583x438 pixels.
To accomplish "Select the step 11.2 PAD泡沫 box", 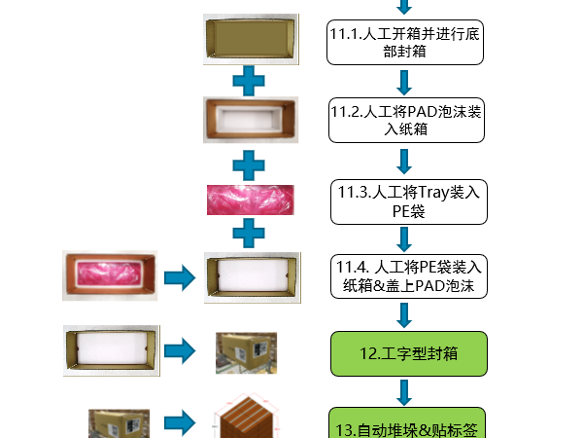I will pos(404,121).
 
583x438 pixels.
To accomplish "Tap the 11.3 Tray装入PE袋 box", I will pos(404,201).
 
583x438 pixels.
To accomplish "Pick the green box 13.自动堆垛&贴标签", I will pos(404,423).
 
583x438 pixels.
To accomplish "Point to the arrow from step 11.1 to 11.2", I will pos(404,82).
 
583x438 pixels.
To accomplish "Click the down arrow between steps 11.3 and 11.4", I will pos(404,238).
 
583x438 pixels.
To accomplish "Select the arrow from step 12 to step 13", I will pos(404,392).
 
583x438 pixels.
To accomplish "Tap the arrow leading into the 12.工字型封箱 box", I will pos(404,314).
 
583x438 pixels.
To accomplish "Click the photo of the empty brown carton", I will pos(249,39).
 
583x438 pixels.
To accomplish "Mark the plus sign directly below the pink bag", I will pos(249,234).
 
